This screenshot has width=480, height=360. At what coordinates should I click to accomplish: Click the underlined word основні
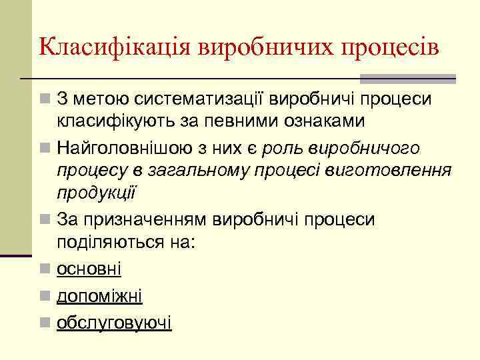(89, 268)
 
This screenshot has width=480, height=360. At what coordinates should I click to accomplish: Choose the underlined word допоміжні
(99, 295)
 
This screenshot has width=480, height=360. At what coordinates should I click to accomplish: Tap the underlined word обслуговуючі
(114, 323)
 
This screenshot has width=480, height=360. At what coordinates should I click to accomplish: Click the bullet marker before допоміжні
(45, 296)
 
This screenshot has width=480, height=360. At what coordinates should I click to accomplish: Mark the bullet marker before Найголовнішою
(45, 147)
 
